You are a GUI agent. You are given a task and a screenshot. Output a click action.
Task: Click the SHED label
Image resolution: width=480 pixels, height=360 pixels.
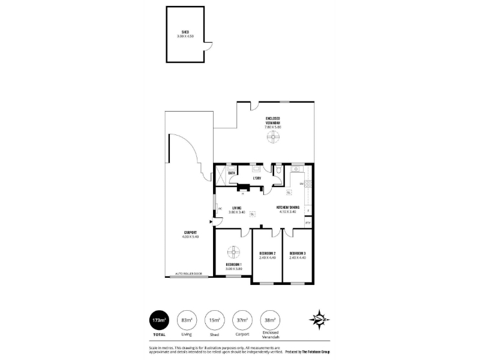(x=186, y=32)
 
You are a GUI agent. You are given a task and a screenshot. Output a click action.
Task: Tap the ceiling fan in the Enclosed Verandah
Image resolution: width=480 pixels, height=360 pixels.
(x=273, y=137)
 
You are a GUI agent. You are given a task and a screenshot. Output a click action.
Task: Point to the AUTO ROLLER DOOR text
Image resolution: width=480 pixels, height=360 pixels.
(x=188, y=274)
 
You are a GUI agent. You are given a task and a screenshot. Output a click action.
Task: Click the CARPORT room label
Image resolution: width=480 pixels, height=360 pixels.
(x=190, y=233)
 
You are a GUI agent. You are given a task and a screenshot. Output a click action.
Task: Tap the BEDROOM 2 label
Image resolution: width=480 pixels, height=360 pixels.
(x=267, y=254)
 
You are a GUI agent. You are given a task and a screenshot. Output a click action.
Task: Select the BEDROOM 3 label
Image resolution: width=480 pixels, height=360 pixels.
(x=297, y=254)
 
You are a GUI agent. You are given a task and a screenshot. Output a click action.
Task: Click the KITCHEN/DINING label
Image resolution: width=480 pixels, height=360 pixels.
(x=286, y=208)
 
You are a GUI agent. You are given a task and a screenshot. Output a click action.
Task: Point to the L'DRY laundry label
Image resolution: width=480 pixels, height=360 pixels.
(x=257, y=178)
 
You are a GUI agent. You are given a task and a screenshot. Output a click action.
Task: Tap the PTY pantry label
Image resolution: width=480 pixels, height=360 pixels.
(x=308, y=223)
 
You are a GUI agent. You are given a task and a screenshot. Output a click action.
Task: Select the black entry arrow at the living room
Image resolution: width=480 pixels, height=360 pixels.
(x=211, y=222)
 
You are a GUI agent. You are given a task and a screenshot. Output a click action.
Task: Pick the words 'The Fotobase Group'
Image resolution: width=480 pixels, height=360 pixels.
(x=321, y=351)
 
